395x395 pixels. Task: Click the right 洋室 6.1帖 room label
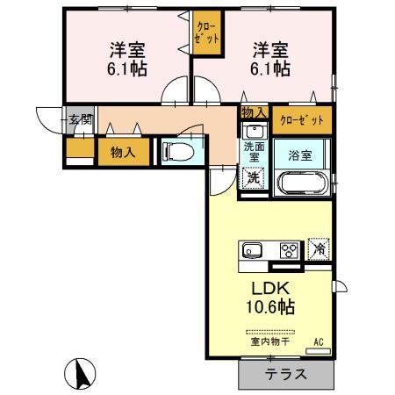[x=271, y=57]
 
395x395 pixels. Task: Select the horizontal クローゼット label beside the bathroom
[x=302, y=118]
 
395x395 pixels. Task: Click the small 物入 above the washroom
[x=253, y=112]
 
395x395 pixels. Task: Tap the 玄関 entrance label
[x=81, y=119]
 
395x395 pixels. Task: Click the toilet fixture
[x=179, y=151]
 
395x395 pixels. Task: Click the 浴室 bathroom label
[x=301, y=156]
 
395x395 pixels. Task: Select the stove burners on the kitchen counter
[x=288, y=249]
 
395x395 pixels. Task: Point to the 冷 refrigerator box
[x=317, y=248]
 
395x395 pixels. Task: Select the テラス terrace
[x=285, y=374]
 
